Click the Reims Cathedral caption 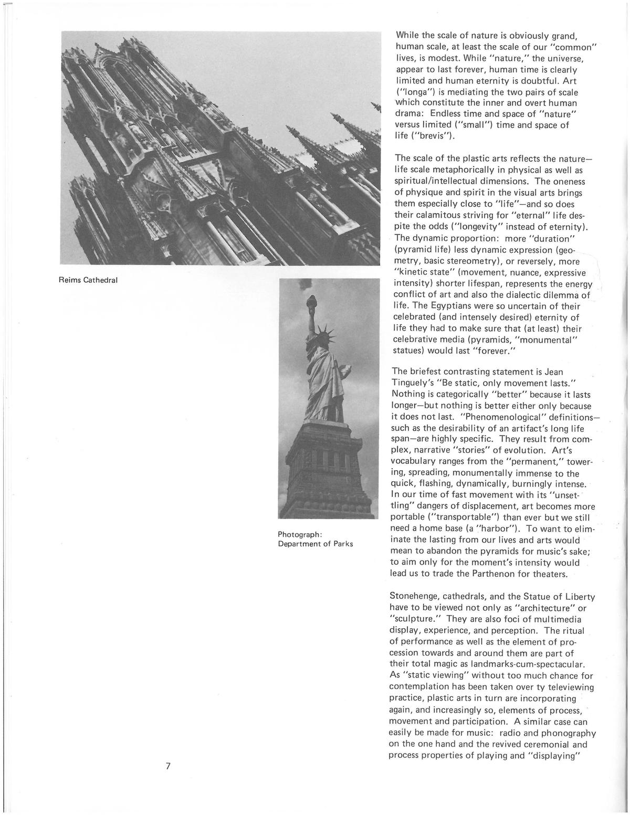(x=88, y=280)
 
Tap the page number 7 (x=168, y=766)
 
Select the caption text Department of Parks (x=315, y=544)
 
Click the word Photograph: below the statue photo (x=299, y=534)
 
